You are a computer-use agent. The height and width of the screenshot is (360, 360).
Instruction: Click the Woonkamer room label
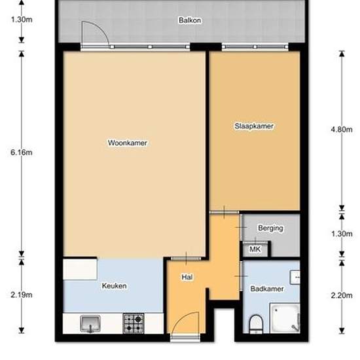coord(127,143)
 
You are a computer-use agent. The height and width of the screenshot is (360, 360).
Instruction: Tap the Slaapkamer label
coord(253,126)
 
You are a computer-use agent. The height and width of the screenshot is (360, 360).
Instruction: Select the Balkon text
coord(189,20)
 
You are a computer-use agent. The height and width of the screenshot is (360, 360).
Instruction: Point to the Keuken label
coord(114,286)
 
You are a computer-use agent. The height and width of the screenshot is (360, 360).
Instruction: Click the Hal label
coord(187,278)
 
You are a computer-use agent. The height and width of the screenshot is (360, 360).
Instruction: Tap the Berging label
coord(270,228)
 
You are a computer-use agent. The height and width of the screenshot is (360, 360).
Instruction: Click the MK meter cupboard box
coord(255,249)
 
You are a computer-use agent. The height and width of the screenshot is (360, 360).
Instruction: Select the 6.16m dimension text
coord(22,153)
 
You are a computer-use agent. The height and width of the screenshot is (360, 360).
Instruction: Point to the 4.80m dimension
coord(342,130)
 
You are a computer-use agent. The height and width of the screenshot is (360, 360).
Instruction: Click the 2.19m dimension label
coord(22,295)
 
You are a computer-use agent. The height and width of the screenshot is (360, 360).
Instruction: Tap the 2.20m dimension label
coord(342,295)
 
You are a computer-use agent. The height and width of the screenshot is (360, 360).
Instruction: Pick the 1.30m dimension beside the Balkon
coord(22,19)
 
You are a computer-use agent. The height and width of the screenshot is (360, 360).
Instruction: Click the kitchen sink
coord(90,323)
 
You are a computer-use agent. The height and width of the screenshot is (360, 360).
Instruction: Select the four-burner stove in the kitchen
coord(134,323)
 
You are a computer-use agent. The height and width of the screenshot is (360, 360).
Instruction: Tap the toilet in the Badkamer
coord(256,323)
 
